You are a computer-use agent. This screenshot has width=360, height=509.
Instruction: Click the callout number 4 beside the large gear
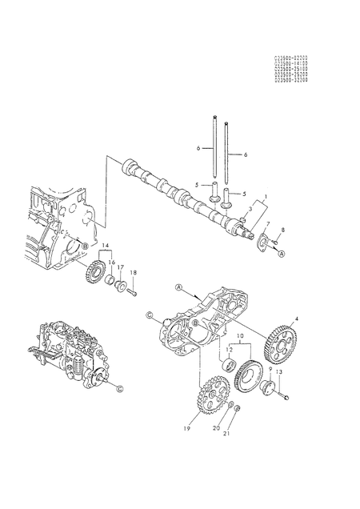[x=298, y=320]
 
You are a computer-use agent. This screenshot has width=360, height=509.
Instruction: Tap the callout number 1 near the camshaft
[x=266, y=195]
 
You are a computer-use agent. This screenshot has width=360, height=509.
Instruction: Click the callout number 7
[x=269, y=224]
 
